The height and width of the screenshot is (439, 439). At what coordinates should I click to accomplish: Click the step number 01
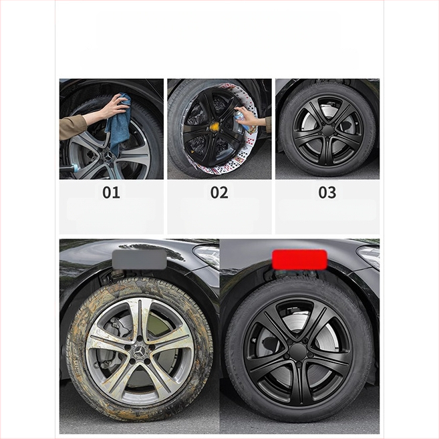111,192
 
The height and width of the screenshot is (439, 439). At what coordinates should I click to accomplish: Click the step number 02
219,192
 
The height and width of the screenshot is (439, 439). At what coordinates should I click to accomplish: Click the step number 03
327,192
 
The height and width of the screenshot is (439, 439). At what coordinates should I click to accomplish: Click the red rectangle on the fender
299,259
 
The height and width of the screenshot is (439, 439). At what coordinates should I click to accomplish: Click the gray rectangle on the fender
139,259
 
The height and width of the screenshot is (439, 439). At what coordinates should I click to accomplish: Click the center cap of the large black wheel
299,353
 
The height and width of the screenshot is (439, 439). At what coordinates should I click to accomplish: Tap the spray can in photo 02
241,119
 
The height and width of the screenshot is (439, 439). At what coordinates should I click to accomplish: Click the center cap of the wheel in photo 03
327,130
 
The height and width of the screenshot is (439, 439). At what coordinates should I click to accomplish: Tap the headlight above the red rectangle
369,257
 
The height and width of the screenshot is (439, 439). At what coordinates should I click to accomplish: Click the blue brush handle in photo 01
71,168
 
